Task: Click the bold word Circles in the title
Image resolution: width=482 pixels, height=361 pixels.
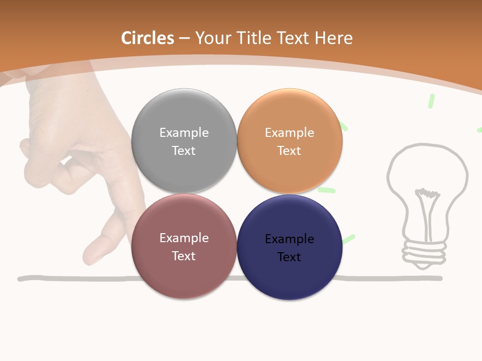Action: (x=148, y=38)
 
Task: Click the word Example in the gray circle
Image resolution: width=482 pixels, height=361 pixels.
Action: (x=184, y=132)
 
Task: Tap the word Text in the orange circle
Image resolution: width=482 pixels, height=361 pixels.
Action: (x=289, y=150)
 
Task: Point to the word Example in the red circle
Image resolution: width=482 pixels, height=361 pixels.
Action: (x=184, y=238)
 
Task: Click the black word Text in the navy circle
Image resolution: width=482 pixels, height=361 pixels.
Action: (x=289, y=257)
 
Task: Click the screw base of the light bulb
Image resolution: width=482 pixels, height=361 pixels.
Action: (x=425, y=251)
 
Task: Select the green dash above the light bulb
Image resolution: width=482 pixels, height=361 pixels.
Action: (x=431, y=101)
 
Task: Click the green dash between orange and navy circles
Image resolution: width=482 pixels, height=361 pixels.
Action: (x=326, y=191)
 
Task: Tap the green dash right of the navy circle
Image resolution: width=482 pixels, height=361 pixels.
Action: (x=348, y=239)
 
